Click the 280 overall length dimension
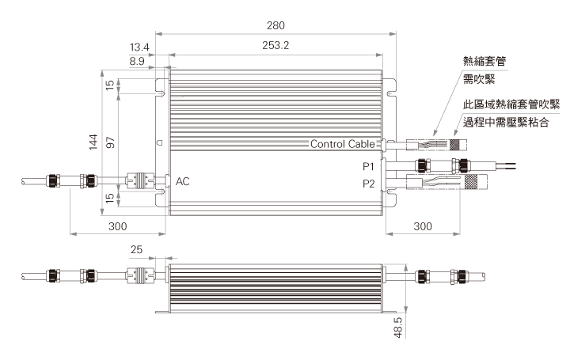tap(275, 25)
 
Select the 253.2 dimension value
tap(275, 45)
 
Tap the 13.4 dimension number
tap(139, 47)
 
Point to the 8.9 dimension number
tap(137, 61)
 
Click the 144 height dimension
tap(93, 142)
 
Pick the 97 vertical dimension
tap(110, 142)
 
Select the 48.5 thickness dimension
tap(398, 328)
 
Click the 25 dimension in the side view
tap(136, 249)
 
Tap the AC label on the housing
tap(183, 181)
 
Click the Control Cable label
tap(343, 144)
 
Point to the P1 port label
tap(368, 166)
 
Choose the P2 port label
tap(369, 184)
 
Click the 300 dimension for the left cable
tap(118, 226)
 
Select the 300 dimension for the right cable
tap(423, 226)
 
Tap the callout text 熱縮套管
tap(484, 61)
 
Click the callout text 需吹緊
tap(479, 79)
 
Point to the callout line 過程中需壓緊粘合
tap(506, 122)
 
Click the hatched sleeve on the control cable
tap(454, 145)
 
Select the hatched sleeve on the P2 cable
tap(471, 182)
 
